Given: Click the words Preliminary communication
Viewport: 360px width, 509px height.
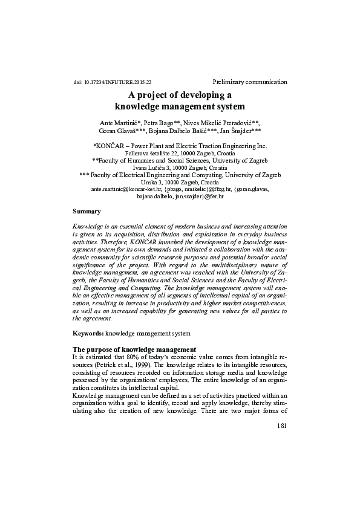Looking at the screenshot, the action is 250,82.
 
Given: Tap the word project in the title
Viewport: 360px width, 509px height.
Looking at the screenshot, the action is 166,95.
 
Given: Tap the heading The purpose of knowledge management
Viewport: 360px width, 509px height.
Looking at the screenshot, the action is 134,349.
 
